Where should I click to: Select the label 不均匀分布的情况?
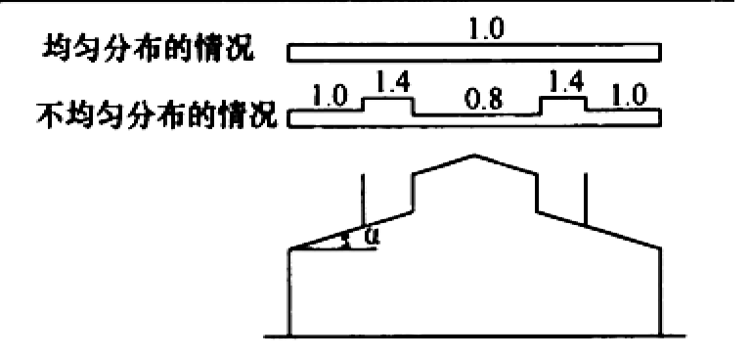[156, 117]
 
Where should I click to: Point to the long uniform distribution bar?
[474, 52]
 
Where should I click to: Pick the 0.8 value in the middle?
[485, 101]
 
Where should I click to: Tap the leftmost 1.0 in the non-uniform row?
[331, 98]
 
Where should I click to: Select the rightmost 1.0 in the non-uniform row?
[629, 98]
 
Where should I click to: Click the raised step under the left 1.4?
[388, 98]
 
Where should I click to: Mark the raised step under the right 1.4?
[563, 98]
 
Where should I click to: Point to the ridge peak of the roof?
[474, 155]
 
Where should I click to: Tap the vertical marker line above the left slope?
[363, 200]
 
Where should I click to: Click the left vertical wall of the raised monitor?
[413, 193]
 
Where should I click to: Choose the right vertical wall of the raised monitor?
[537, 193]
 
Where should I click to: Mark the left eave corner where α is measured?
[289, 248]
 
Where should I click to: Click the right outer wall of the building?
[661, 292]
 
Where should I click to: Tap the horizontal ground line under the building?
[474, 336]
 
